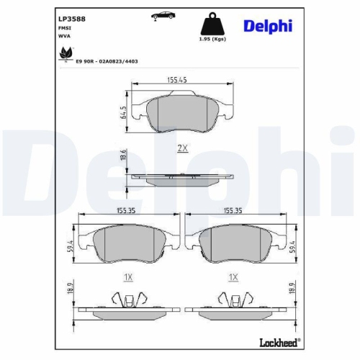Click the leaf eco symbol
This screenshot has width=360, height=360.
pyautogui.click(x=67, y=52)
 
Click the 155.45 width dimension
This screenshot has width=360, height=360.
pyautogui.click(x=181, y=81)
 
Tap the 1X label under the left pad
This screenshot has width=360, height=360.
pyautogui.click(x=127, y=276)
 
